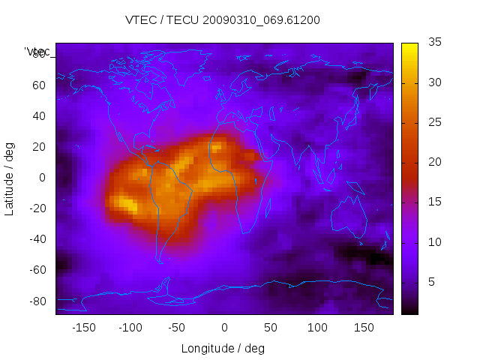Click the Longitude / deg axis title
223,349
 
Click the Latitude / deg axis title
10,178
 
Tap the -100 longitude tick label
130,328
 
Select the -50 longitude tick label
177,328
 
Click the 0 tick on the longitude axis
224,328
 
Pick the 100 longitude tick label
318,328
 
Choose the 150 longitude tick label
364,328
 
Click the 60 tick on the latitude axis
39,85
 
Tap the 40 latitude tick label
39,116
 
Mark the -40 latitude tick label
37,239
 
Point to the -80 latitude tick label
37,301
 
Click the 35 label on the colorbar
433,43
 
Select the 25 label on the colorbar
433,122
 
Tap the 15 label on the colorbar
433,202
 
